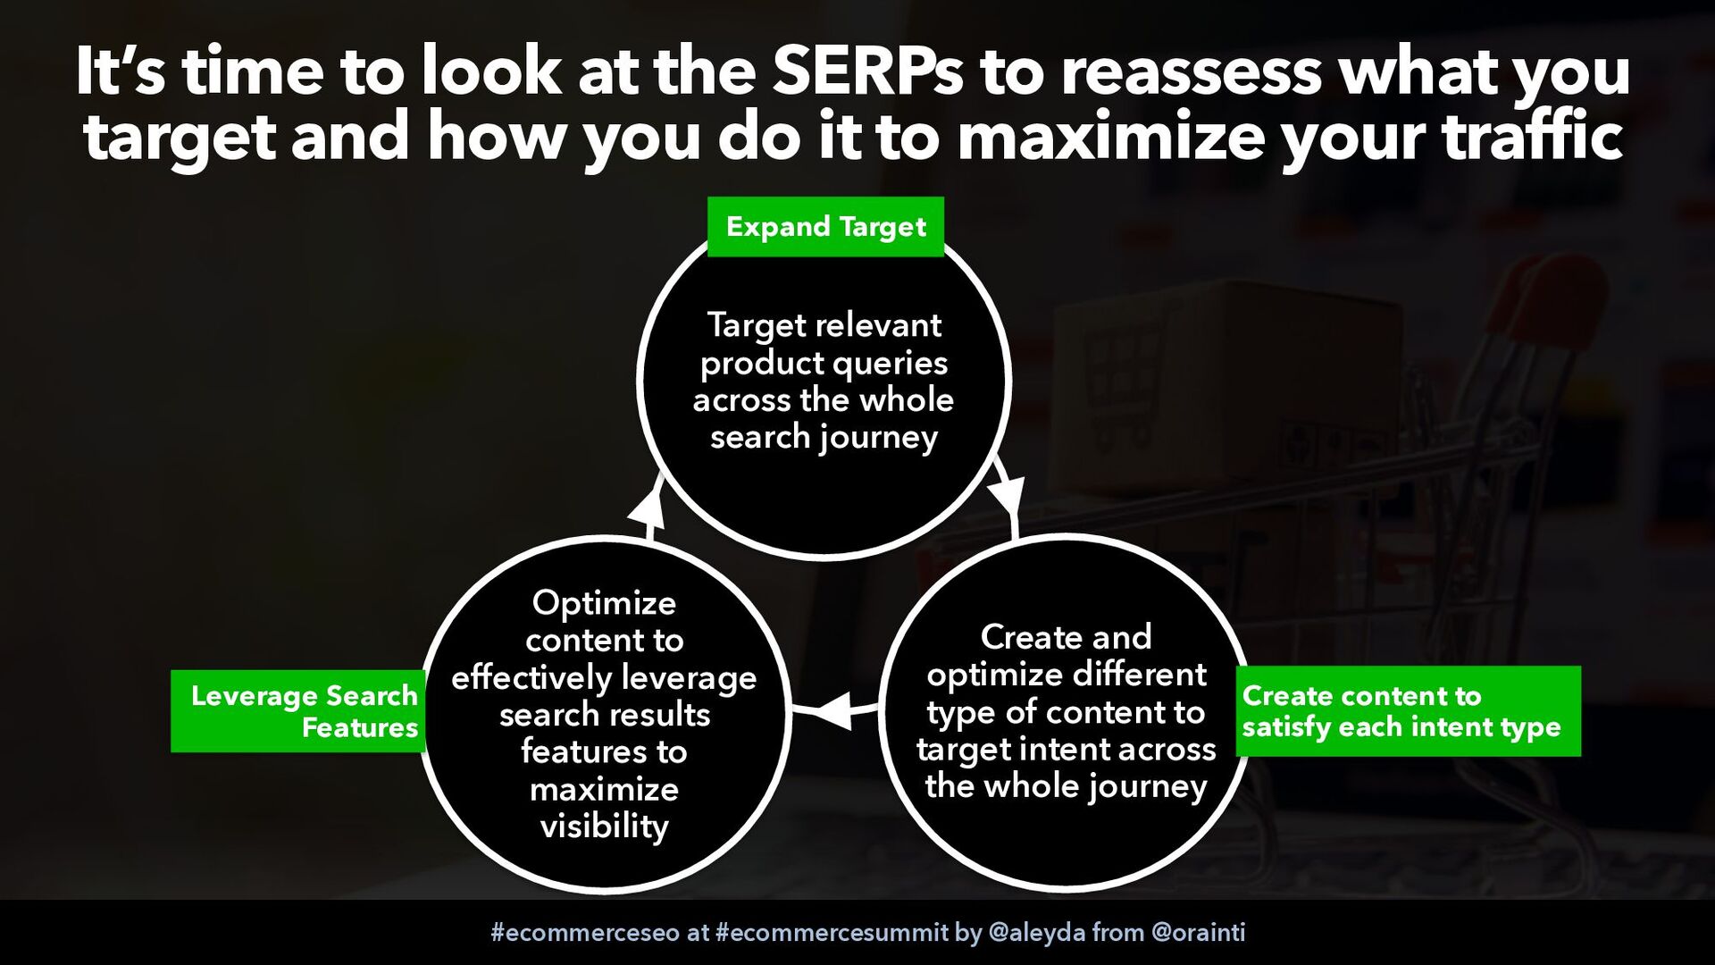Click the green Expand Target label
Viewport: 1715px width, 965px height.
pyautogui.click(x=825, y=227)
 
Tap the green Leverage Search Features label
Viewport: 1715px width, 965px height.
pyautogui.click(x=298, y=711)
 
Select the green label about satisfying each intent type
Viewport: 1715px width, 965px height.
pyautogui.click(x=1409, y=711)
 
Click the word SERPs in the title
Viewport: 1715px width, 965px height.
pyautogui.click(x=867, y=71)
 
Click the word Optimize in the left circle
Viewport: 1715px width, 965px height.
pyautogui.click(x=604, y=604)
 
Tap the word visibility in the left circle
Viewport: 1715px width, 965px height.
pyautogui.click(x=604, y=827)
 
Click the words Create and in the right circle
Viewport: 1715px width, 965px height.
pyautogui.click(x=1066, y=637)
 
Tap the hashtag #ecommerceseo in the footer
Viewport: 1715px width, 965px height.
pyautogui.click(x=585, y=933)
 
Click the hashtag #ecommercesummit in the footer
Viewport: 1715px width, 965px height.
pyautogui.click(x=832, y=933)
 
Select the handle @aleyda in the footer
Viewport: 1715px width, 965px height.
pyautogui.click(x=1037, y=933)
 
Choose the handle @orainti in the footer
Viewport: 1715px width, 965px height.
pyautogui.click(x=1199, y=933)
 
